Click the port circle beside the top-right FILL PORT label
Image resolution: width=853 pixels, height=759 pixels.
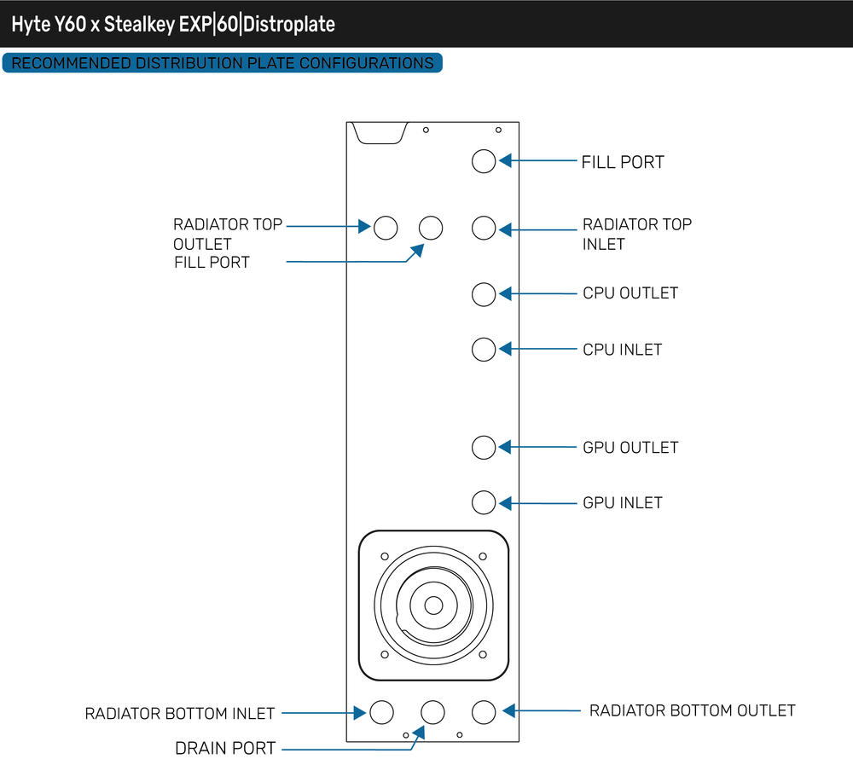point(484,161)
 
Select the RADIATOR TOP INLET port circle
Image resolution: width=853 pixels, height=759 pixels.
point(484,228)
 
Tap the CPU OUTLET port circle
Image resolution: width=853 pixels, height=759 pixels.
point(484,294)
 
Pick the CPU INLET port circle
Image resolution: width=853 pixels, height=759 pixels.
point(484,349)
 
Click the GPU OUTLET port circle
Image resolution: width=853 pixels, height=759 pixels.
point(484,447)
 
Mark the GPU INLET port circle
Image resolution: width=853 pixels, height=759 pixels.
point(484,502)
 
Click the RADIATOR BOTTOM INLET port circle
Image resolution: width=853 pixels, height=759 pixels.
point(380,712)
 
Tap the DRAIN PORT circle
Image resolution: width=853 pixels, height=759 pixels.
point(433,712)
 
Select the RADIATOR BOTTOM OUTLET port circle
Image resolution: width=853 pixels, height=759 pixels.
point(484,711)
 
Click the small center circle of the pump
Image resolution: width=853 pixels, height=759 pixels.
point(433,605)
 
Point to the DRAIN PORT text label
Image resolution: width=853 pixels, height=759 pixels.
point(225,748)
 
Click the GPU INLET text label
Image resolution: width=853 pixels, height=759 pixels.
point(623,503)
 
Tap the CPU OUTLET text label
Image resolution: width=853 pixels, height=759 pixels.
point(630,293)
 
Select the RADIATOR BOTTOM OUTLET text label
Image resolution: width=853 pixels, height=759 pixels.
point(692,710)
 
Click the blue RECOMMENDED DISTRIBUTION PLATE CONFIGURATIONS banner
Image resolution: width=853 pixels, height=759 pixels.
point(223,63)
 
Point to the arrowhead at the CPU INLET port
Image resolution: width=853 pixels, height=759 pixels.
point(505,349)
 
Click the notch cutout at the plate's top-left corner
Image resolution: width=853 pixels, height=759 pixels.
point(378,133)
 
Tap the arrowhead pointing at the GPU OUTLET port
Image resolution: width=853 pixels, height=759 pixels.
point(505,447)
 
